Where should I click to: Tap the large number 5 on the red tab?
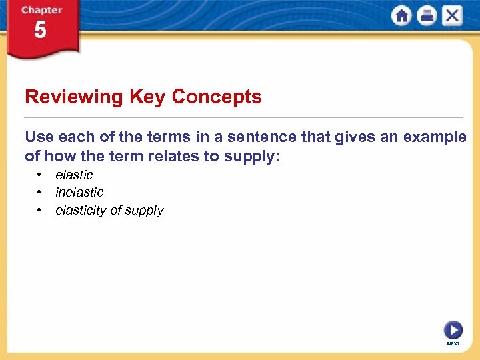pos(40,31)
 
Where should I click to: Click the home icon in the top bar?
pos(401,16)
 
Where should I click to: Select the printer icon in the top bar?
pos(427,16)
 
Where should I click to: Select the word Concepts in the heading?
pos(217,97)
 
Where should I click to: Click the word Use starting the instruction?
pos(39,137)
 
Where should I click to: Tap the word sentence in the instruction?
pos(267,137)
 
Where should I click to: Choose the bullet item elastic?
pos(74,175)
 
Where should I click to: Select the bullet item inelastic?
pos(79,192)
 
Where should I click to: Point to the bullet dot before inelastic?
pos(40,192)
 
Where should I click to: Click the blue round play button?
pos(453,330)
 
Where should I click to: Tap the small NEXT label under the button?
pos(453,344)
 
